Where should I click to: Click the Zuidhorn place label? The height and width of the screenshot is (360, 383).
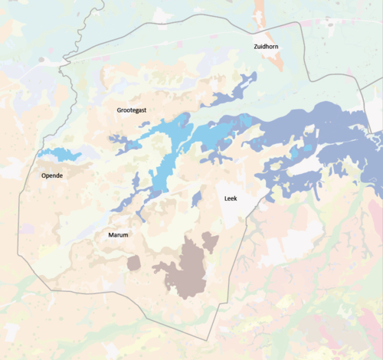pyautogui.click(x=265, y=47)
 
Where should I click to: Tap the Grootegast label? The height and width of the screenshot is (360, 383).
pyautogui.click(x=131, y=110)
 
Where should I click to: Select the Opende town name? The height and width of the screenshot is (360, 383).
pyautogui.click(x=52, y=175)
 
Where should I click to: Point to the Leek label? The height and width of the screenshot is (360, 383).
pyautogui.click(x=230, y=198)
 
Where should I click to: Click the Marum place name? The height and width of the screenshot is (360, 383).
pyautogui.click(x=117, y=235)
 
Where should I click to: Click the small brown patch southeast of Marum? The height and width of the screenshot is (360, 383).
pyautogui.click(x=134, y=263)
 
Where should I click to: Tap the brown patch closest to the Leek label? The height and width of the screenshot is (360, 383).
pyautogui.click(x=209, y=242)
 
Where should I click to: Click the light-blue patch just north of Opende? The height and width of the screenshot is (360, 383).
pyautogui.click(x=60, y=155)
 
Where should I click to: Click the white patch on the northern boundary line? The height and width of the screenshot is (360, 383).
pyautogui.click(x=162, y=15)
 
